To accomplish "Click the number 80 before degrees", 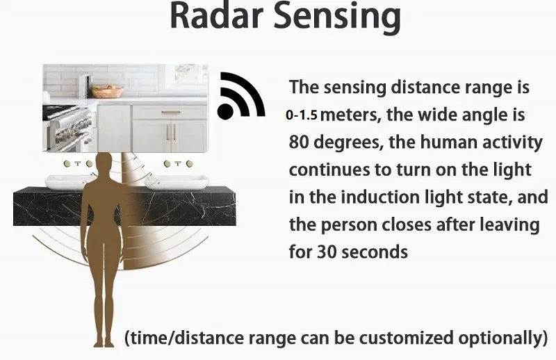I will point(300,142).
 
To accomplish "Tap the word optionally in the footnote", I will point(505,338).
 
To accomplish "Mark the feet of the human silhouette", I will point(104,342).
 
